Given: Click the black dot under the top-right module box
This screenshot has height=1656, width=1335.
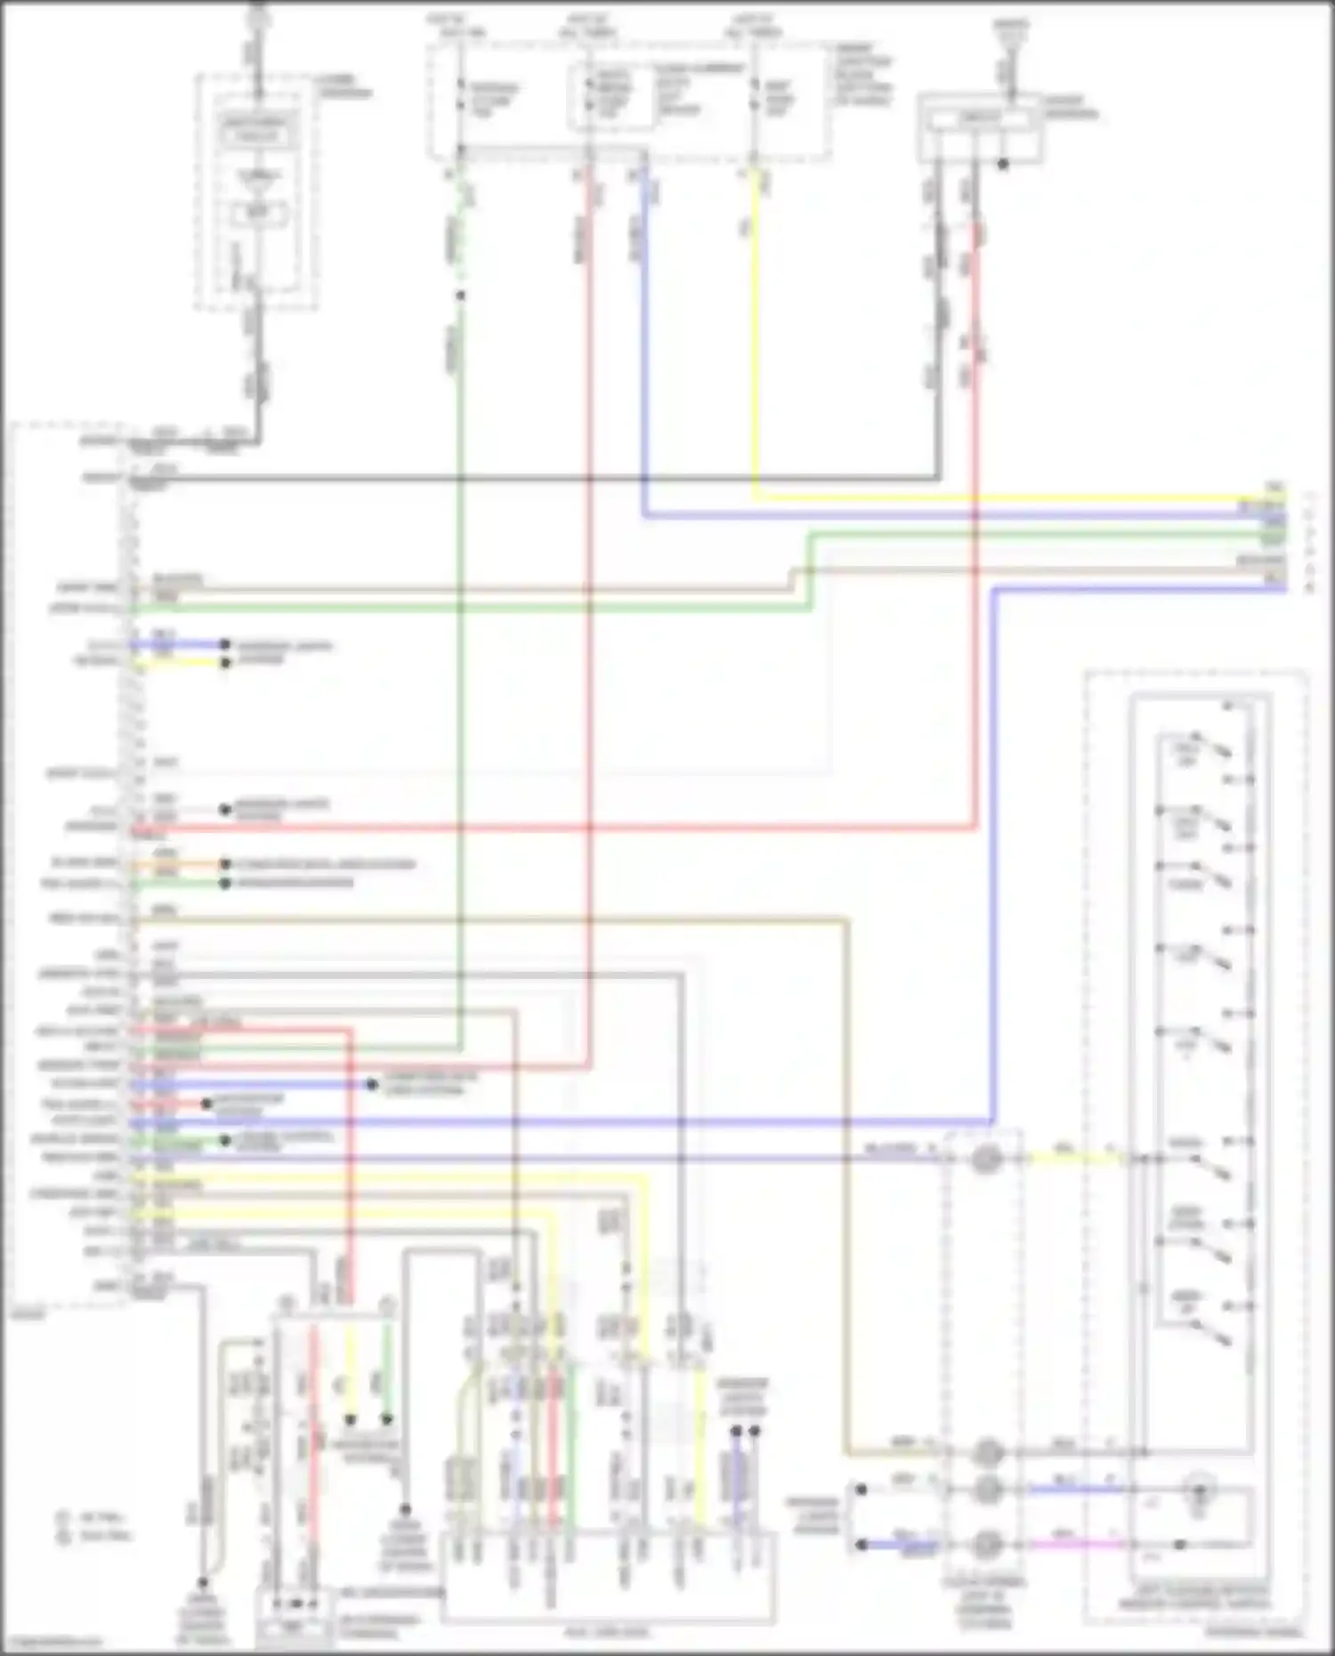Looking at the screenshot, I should [x=1003, y=165].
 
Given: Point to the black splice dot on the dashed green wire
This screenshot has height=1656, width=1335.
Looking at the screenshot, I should [x=460, y=295].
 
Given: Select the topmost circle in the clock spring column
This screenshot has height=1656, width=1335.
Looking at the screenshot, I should [x=984, y=1159].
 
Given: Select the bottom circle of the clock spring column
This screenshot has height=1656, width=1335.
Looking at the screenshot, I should [x=984, y=1545].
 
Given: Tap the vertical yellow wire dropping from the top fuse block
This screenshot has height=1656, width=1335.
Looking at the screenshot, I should [x=755, y=338].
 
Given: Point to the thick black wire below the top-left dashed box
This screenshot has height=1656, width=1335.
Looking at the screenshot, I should [x=259, y=374].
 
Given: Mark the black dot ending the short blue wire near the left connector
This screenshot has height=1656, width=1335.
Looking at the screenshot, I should [x=225, y=644].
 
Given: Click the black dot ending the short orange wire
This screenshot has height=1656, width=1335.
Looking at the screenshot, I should [x=225, y=864].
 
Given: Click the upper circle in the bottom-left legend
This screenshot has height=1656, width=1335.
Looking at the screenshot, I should [x=63, y=1518].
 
